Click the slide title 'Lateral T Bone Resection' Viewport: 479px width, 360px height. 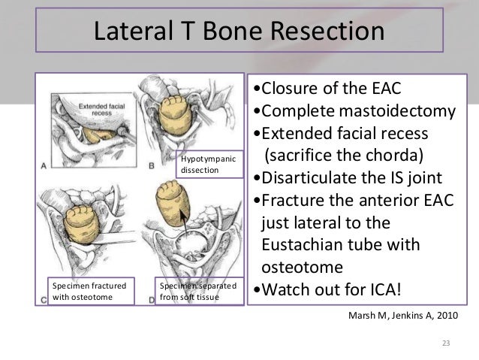238,32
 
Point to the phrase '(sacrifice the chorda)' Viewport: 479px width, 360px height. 342,156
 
